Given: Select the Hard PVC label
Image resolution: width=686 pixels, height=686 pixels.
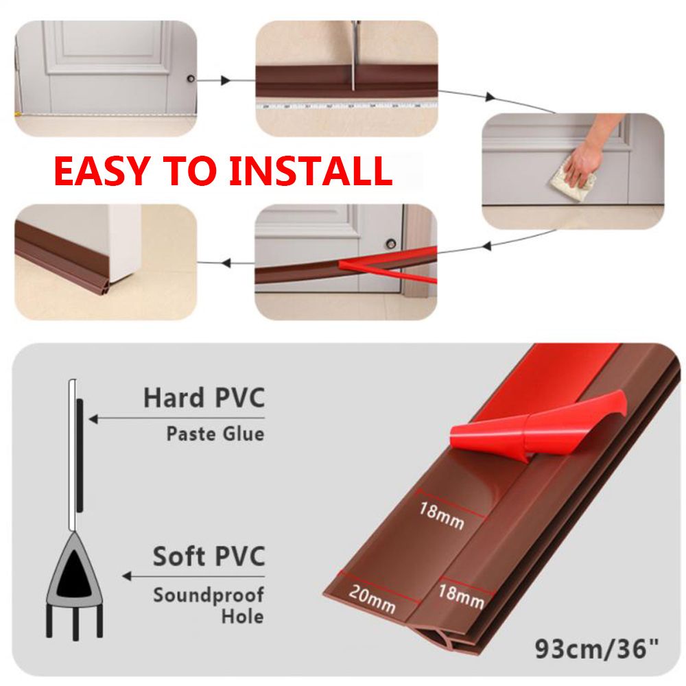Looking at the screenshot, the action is [204, 398].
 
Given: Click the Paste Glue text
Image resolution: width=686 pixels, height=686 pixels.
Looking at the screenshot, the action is [215, 434].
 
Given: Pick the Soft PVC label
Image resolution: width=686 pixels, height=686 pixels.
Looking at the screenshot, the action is [209, 556].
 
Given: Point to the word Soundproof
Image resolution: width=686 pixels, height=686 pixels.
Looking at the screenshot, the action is [209, 595].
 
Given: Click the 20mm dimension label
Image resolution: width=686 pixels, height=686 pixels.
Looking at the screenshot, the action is [372, 600].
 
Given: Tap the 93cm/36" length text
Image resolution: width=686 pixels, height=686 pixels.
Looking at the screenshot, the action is [597, 649].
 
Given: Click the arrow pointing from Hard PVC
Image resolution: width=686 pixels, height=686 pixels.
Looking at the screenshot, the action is [177, 419].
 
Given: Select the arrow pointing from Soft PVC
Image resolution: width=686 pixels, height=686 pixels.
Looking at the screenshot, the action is [194, 576].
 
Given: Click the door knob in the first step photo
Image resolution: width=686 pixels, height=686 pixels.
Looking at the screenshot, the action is [191, 79].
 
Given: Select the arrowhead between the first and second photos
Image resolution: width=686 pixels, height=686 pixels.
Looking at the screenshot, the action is [225, 80].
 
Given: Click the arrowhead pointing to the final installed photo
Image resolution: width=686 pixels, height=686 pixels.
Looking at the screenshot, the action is [226, 263].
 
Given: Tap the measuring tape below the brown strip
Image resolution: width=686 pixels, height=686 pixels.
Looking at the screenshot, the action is [346, 106].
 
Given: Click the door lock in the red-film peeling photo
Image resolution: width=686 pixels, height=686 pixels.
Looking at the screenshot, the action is [391, 244].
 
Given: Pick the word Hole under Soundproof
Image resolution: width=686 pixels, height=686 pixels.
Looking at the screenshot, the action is [242, 617].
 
